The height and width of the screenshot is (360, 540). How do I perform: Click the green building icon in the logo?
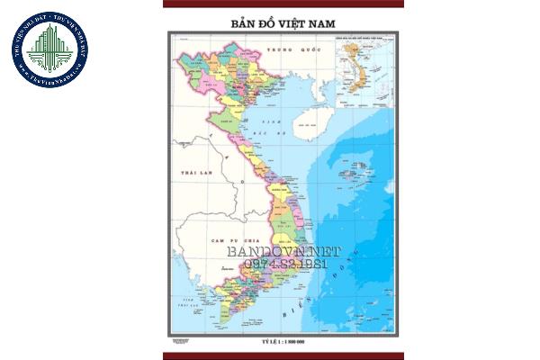49,45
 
